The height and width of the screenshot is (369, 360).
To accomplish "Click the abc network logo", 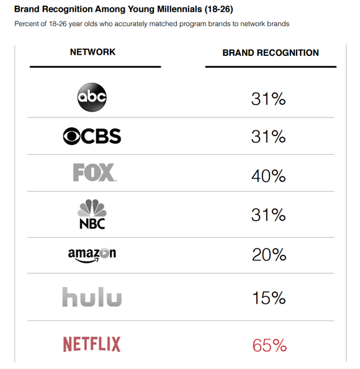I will pyautogui.click(x=92, y=98).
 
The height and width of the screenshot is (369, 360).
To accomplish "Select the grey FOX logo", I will pyautogui.click(x=94, y=173).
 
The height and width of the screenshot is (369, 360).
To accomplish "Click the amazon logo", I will pyautogui.click(x=92, y=253).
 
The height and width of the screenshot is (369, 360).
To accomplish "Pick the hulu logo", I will pyautogui.click(x=92, y=297).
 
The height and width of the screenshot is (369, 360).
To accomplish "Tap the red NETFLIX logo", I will pyautogui.click(x=92, y=344).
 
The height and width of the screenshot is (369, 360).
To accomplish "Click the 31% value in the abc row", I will pyautogui.click(x=268, y=98).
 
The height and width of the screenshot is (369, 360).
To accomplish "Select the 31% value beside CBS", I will pyautogui.click(x=268, y=137).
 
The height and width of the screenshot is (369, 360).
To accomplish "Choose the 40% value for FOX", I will pyautogui.click(x=268, y=176).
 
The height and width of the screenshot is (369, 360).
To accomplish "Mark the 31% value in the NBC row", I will pyautogui.click(x=268, y=215).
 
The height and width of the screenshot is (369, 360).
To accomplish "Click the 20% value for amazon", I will pyautogui.click(x=268, y=254).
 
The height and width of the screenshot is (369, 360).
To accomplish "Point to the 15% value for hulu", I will pyautogui.click(x=268, y=298).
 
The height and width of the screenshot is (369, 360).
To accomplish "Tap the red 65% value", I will pyautogui.click(x=268, y=345).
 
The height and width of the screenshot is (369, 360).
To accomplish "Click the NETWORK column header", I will pyautogui.click(x=93, y=52).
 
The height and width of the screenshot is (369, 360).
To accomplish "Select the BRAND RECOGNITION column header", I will pyautogui.click(x=271, y=53).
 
